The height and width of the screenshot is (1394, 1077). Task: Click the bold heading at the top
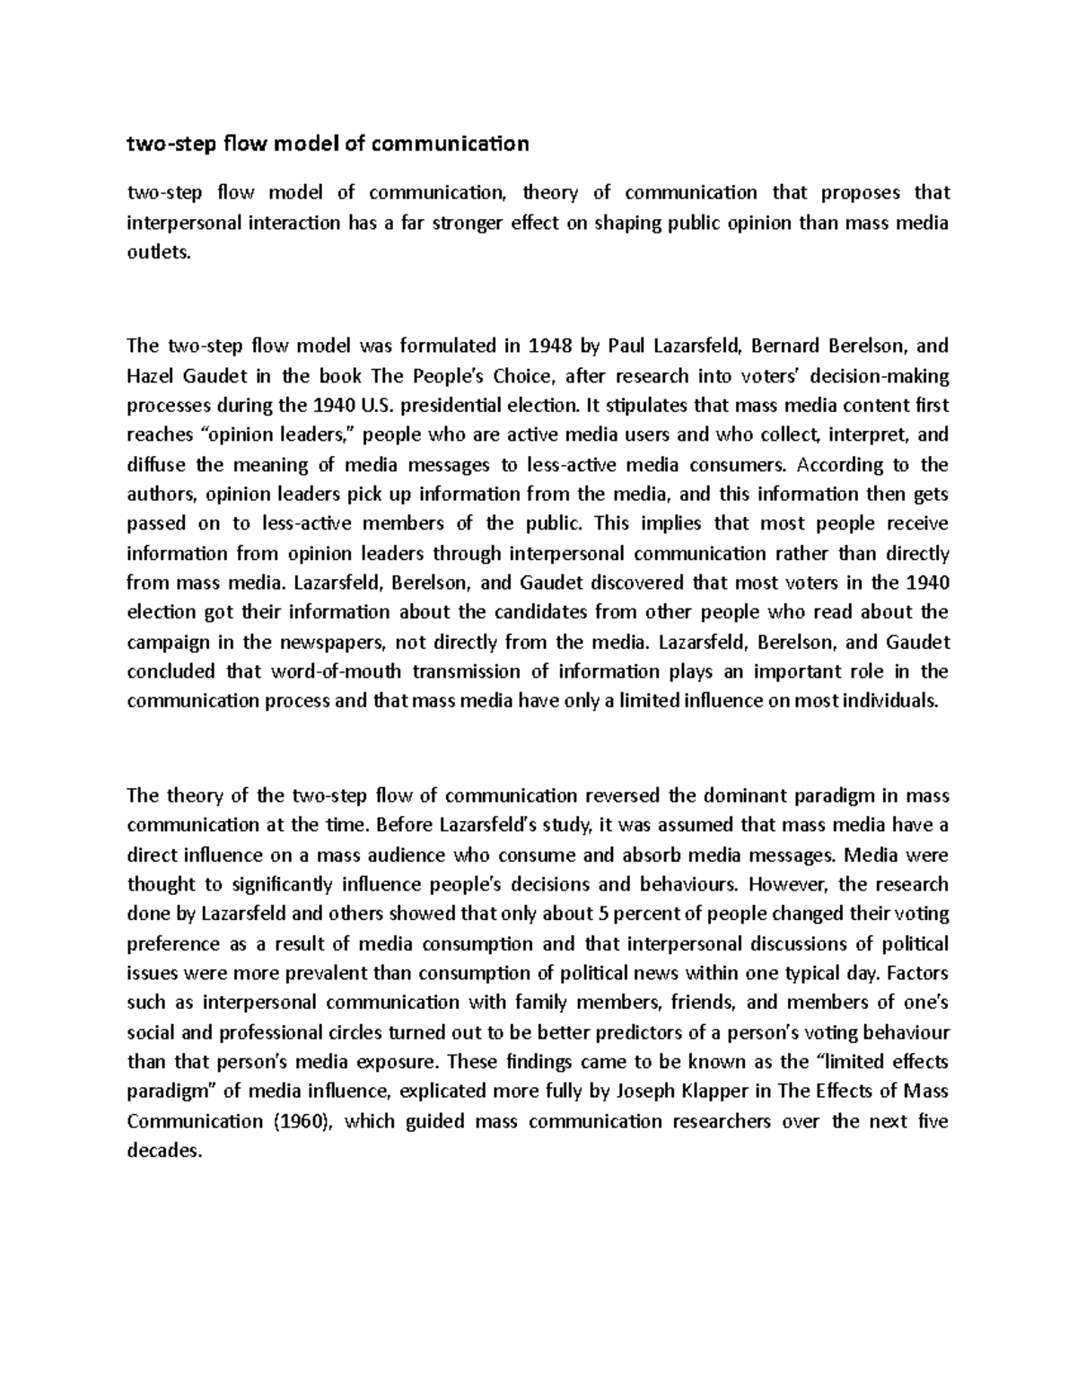(328, 144)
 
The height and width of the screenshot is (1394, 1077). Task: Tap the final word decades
(162, 1152)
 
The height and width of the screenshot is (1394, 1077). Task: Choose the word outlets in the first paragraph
(160, 254)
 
